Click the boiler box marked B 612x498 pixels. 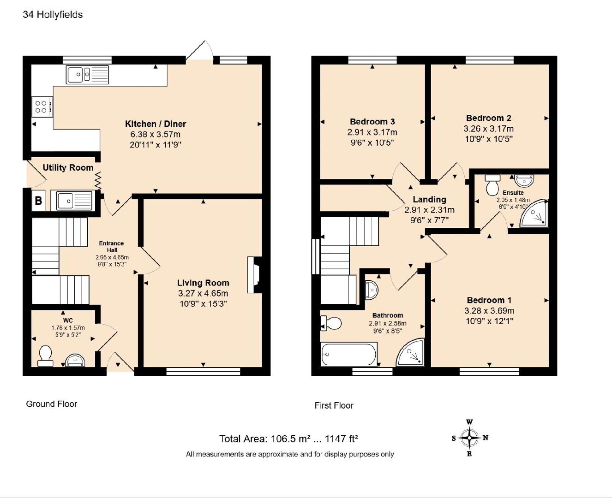click(38, 200)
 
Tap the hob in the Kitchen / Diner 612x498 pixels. click(42, 107)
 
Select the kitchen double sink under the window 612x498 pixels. click(87, 75)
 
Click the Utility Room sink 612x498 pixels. click(74, 201)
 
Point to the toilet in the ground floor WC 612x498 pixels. click(45, 356)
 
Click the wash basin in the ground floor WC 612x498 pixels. click(75, 360)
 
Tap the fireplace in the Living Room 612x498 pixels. click(254, 275)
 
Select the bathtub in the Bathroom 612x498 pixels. click(349, 354)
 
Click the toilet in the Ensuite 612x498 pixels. click(492, 185)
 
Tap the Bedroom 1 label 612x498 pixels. click(489, 300)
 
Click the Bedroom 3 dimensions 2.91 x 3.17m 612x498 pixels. click(372, 132)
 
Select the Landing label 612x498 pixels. click(430, 199)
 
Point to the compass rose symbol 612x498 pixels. click(469, 438)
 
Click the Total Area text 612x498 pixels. click(288, 439)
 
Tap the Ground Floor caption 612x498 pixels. click(51, 404)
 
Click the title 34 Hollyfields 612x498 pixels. click(53, 15)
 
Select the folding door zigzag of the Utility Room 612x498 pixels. click(98, 181)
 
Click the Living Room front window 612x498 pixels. click(203, 372)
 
